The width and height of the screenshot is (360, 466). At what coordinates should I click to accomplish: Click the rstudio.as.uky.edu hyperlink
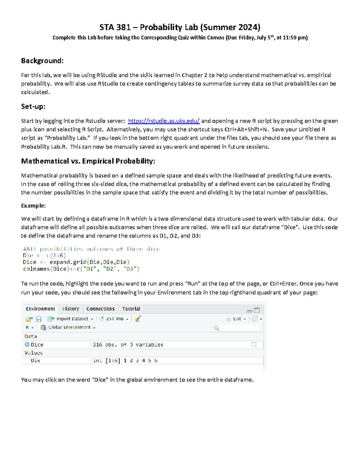pos(163,121)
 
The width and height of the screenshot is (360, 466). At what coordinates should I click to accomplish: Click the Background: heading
pos(42,61)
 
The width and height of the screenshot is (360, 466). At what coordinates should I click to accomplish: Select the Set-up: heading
pos(33,107)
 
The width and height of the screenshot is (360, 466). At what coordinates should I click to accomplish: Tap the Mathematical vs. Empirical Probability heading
pos(88,161)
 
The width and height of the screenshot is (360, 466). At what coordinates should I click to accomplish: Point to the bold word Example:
pos(33,206)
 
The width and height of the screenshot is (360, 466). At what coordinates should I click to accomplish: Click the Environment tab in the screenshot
pos(40,309)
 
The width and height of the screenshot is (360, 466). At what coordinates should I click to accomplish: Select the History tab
pos(71,309)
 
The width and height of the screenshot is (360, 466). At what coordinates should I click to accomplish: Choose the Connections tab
pos(100,309)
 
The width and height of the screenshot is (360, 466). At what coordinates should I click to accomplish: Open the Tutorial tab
pos(131,309)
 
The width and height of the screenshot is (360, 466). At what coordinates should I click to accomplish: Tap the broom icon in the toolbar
pos(138,319)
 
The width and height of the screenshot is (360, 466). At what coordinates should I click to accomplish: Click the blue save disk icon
pos(38,319)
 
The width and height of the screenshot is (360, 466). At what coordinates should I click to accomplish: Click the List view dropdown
pos(237,319)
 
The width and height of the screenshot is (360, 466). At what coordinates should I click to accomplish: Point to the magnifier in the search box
pos(216,328)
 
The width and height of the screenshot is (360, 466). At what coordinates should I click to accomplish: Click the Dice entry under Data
pos(37,345)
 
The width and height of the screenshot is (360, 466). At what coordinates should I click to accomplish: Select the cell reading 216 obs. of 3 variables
pos(128,345)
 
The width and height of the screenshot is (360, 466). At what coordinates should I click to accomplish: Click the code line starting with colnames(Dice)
pos(81,269)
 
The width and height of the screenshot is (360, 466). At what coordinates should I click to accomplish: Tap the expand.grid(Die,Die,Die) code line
pos(76,262)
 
